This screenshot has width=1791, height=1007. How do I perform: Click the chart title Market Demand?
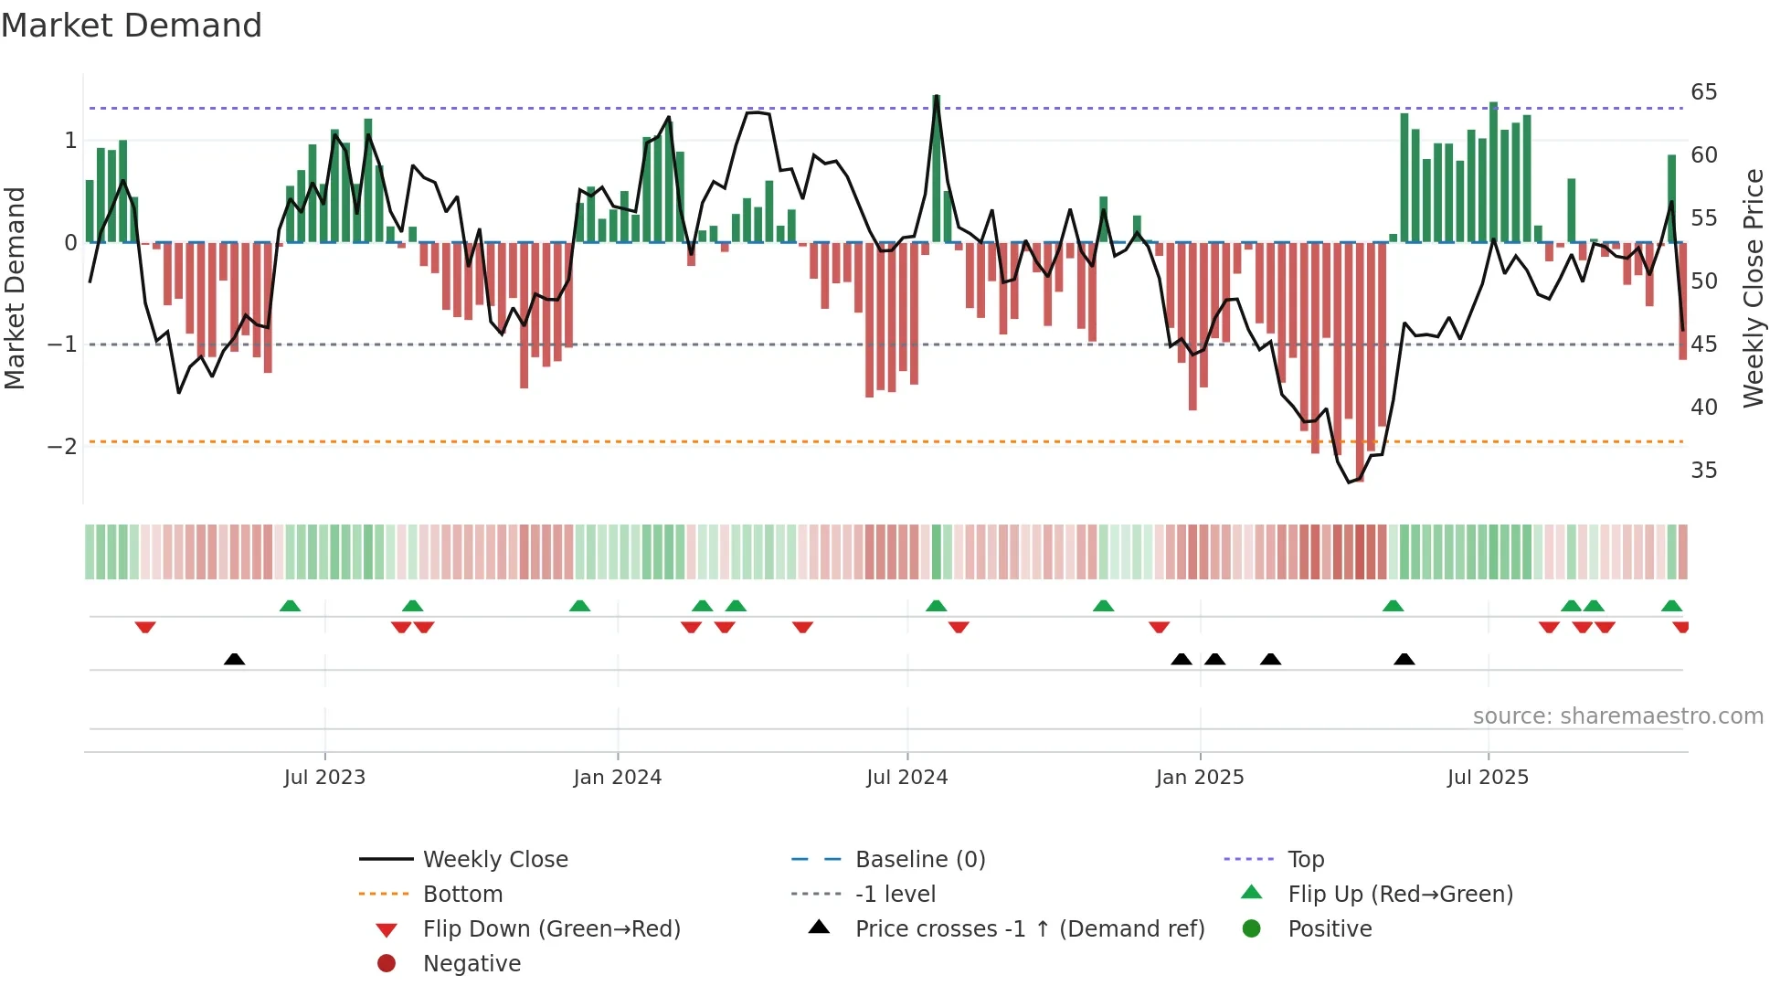pos(132,26)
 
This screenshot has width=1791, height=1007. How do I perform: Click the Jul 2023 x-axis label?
pos(324,778)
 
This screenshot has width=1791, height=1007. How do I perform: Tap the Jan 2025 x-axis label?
pos(1199,778)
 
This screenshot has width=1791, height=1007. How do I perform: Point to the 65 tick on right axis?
pos(1703,92)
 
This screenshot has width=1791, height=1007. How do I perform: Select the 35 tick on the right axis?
pos(1703,471)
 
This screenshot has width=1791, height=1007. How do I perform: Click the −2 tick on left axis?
pos(62,447)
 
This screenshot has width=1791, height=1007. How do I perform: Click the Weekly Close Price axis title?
pos(1753,288)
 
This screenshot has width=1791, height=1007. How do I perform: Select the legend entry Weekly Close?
pos(494,860)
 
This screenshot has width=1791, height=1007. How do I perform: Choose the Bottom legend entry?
pos(462,895)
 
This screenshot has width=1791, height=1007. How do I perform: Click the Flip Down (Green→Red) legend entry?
pos(551,929)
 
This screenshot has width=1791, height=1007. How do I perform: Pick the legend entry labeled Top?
pos(1305,860)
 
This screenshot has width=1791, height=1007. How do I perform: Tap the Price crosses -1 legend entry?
pos(1029,929)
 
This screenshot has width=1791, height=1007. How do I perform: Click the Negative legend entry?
pos(472,964)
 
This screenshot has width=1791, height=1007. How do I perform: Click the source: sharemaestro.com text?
pos(1617,716)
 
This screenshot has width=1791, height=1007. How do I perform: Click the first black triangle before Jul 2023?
pos(235,659)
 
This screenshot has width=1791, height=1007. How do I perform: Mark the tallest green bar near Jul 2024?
pos(936,169)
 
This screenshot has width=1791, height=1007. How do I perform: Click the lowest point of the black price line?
pos(1350,482)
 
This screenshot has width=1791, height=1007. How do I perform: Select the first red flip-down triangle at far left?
pos(145,627)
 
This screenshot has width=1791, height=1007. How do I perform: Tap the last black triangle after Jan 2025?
pos(1404,659)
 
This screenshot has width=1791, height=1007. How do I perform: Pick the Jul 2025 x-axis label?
pos(1488,778)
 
